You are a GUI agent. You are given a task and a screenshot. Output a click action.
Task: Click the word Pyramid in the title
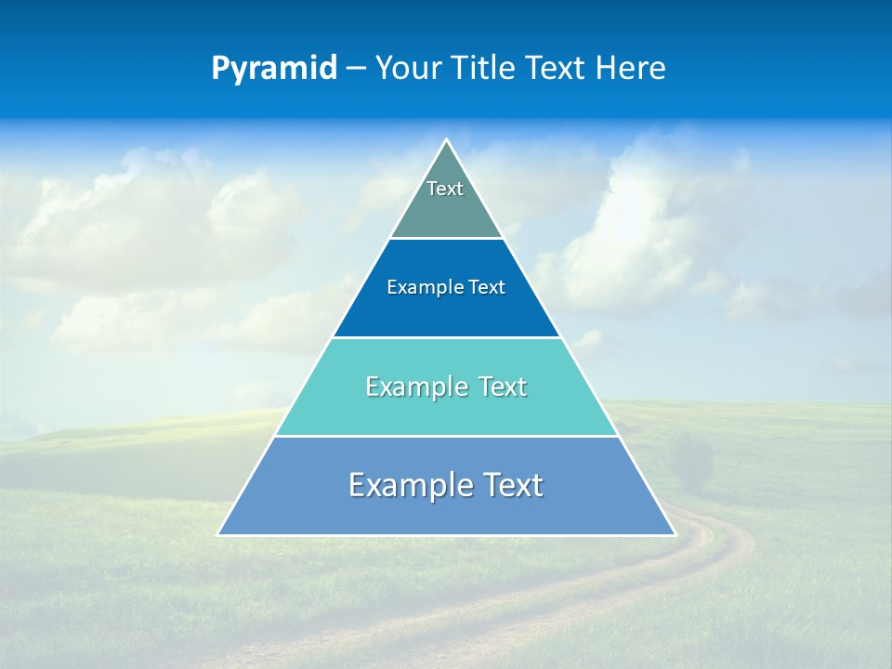pos(274,69)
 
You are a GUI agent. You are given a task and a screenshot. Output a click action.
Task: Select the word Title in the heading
pos(487,69)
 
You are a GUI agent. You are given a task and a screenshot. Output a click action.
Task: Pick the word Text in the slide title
pos(557,69)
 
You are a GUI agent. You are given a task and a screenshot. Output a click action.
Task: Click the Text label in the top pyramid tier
pos(445,189)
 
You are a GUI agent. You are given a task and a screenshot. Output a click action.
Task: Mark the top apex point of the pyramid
pos(446,140)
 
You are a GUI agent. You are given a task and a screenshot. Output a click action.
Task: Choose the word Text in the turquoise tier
pos(503,387)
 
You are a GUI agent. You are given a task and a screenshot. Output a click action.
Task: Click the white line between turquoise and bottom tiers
pos(446,436)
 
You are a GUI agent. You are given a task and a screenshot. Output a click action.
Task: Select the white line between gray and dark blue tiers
pos(446,239)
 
